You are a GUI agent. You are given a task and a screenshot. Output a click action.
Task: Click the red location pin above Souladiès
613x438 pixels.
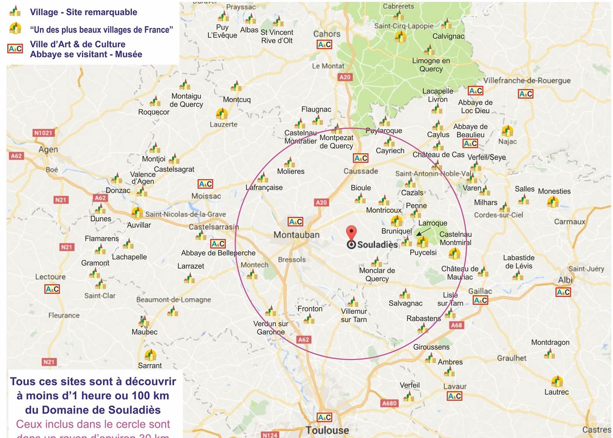[351, 233]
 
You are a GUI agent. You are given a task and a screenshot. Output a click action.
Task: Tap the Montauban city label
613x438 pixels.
[296, 235]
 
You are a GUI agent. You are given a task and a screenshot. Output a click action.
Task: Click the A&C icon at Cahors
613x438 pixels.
[324, 44]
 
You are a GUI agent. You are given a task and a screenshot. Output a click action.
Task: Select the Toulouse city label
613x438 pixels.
[327, 430]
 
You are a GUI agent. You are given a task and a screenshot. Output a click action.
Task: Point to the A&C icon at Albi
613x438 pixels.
[563, 292]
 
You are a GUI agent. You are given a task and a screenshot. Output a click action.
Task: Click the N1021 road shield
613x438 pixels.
[43, 133]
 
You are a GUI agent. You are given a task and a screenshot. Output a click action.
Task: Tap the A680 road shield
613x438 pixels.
[389, 403]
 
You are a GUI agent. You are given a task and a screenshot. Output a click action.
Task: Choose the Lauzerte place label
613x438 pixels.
[223, 124]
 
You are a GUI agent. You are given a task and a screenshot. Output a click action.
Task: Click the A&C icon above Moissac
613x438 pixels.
[205, 184]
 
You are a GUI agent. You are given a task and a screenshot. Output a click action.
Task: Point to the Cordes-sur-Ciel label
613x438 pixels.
[498, 215]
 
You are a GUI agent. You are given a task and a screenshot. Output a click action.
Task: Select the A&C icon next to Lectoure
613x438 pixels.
[52, 289]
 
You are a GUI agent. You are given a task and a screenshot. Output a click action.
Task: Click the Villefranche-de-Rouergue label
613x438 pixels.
[527, 81]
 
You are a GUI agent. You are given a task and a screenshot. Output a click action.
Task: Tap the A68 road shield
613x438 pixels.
[457, 325]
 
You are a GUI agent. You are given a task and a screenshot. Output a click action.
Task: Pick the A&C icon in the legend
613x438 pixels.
[15, 49]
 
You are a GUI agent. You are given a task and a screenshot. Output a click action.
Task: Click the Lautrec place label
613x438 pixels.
[557, 392]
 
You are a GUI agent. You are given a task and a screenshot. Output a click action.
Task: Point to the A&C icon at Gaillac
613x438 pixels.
[480, 300]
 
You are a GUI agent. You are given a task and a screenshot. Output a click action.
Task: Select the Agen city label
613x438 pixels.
[48, 149]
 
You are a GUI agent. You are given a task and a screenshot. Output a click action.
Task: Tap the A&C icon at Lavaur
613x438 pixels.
[454, 396]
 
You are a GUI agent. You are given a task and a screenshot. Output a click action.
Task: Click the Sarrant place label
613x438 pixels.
[150, 365]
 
